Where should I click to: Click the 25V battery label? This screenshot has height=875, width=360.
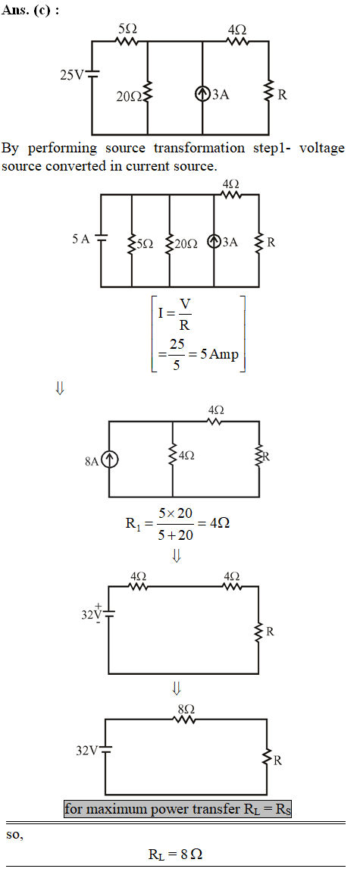(70, 75)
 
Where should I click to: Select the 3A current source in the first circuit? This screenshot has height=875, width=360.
(202, 94)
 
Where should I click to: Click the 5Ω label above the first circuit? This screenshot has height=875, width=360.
(126, 29)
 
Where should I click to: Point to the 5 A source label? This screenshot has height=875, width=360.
(80, 239)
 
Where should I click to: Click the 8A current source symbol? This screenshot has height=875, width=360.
(110, 460)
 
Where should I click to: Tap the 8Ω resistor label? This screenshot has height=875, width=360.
(186, 709)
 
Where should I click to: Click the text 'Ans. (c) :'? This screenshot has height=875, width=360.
(30, 11)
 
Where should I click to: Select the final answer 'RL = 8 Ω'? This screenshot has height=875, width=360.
(179, 854)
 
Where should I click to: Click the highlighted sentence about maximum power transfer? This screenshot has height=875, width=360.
(177, 808)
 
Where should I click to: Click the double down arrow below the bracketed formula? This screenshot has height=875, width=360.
(60, 388)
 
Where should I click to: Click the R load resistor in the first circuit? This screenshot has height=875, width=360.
(269, 94)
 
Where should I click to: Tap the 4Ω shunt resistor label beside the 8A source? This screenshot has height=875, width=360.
(186, 456)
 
